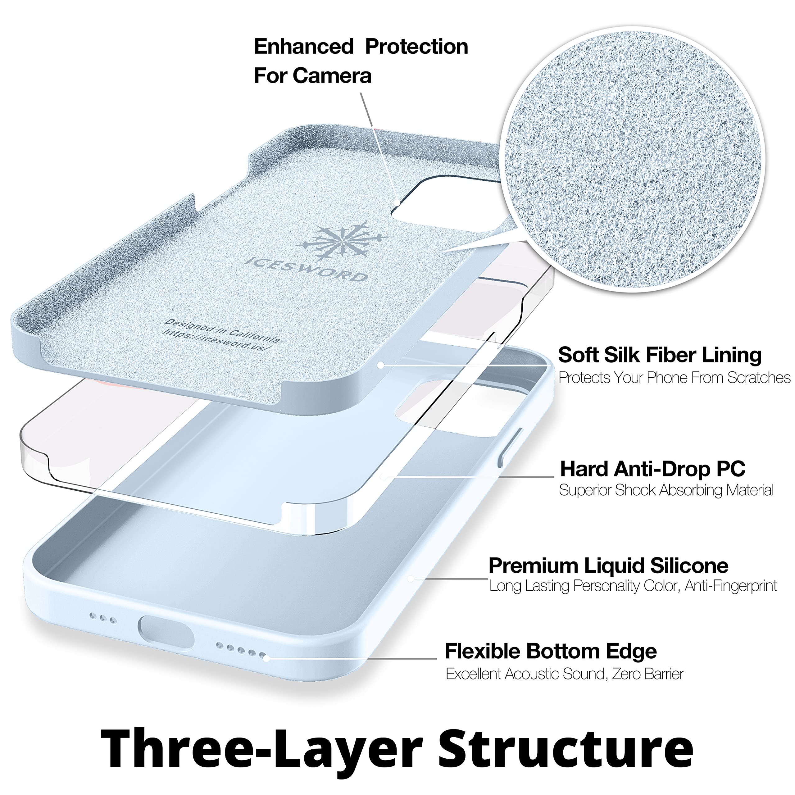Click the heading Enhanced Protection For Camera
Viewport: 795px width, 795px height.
(361, 61)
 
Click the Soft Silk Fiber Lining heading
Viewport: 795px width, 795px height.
(659, 355)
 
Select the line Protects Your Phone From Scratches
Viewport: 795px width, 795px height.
(674, 378)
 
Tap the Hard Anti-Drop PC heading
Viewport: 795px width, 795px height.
(653, 469)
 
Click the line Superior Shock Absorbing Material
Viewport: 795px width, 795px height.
(666, 490)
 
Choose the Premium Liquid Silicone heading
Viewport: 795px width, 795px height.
(608, 566)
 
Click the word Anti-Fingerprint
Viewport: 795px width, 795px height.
(730, 586)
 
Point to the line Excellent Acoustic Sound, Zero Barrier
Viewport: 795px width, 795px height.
(565, 674)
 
